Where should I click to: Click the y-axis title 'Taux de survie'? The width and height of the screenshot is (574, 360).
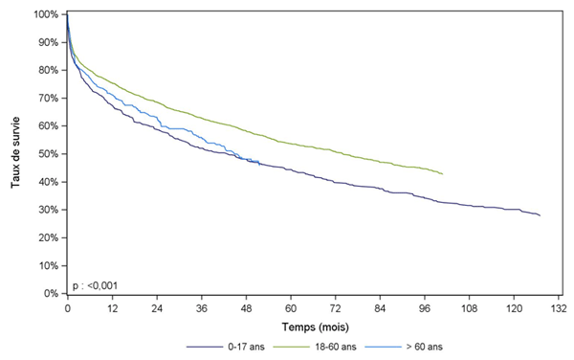16,152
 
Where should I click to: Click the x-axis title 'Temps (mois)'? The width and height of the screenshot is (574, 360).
313,328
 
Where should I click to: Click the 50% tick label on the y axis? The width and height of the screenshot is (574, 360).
48,154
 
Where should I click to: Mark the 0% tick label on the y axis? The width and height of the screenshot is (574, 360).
51,294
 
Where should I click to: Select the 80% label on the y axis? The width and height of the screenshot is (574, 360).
48,70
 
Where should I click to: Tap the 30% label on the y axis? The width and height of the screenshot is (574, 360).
48,210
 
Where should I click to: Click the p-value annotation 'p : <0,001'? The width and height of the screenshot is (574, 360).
98,284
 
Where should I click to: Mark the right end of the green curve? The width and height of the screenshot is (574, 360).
443,173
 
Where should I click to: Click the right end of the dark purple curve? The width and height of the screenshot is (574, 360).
540,215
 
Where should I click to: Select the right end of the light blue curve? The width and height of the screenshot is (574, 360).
258,163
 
